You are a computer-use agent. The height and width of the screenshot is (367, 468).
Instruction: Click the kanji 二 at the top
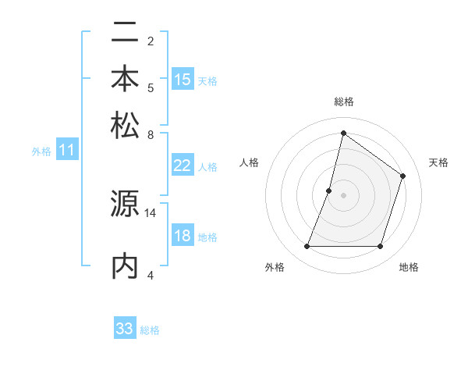coord(125,34)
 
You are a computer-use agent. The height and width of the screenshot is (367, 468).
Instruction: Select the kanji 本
coord(125,79)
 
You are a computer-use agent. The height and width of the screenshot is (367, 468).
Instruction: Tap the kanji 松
coord(125,124)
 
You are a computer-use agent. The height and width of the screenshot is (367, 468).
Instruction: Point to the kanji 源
coord(125,205)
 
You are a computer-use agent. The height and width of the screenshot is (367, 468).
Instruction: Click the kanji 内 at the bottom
coord(125,265)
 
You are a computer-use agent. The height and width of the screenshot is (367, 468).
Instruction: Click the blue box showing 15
coord(183,80)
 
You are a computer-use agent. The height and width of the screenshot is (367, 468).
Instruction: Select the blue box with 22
coord(182,166)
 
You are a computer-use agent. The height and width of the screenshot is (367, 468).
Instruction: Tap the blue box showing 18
coord(182,236)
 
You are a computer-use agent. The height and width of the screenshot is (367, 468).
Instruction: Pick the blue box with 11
coord(66,151)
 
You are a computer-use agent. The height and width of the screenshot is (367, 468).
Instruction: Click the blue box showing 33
coord(125,329)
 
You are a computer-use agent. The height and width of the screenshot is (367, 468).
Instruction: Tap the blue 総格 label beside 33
coord(150,330)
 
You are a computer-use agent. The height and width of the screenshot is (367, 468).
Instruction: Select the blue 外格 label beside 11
coord(41,151)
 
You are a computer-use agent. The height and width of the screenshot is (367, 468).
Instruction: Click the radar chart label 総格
coord(343,102)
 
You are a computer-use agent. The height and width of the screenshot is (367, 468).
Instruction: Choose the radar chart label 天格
coord(438,162)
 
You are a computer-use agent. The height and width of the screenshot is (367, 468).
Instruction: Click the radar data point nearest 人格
coord(329,190)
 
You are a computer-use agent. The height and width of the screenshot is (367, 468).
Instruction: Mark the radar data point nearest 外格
coord(307,247)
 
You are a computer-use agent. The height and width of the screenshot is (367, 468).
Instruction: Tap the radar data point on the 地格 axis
coord(380,247)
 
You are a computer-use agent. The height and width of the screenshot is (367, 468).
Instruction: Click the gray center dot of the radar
coord(343,194)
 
